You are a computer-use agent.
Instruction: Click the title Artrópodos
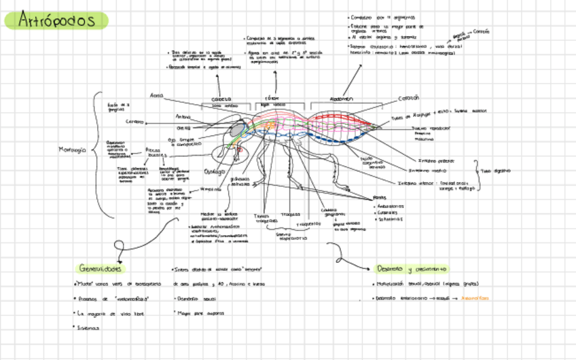57,20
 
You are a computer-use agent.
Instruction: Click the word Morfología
73,150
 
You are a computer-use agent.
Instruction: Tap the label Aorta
157,96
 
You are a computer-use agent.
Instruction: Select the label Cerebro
134,122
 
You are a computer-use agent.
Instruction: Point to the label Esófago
213,171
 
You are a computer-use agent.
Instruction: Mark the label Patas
380,198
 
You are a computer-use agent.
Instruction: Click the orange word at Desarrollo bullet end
475,298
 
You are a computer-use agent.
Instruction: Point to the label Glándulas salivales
240,181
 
